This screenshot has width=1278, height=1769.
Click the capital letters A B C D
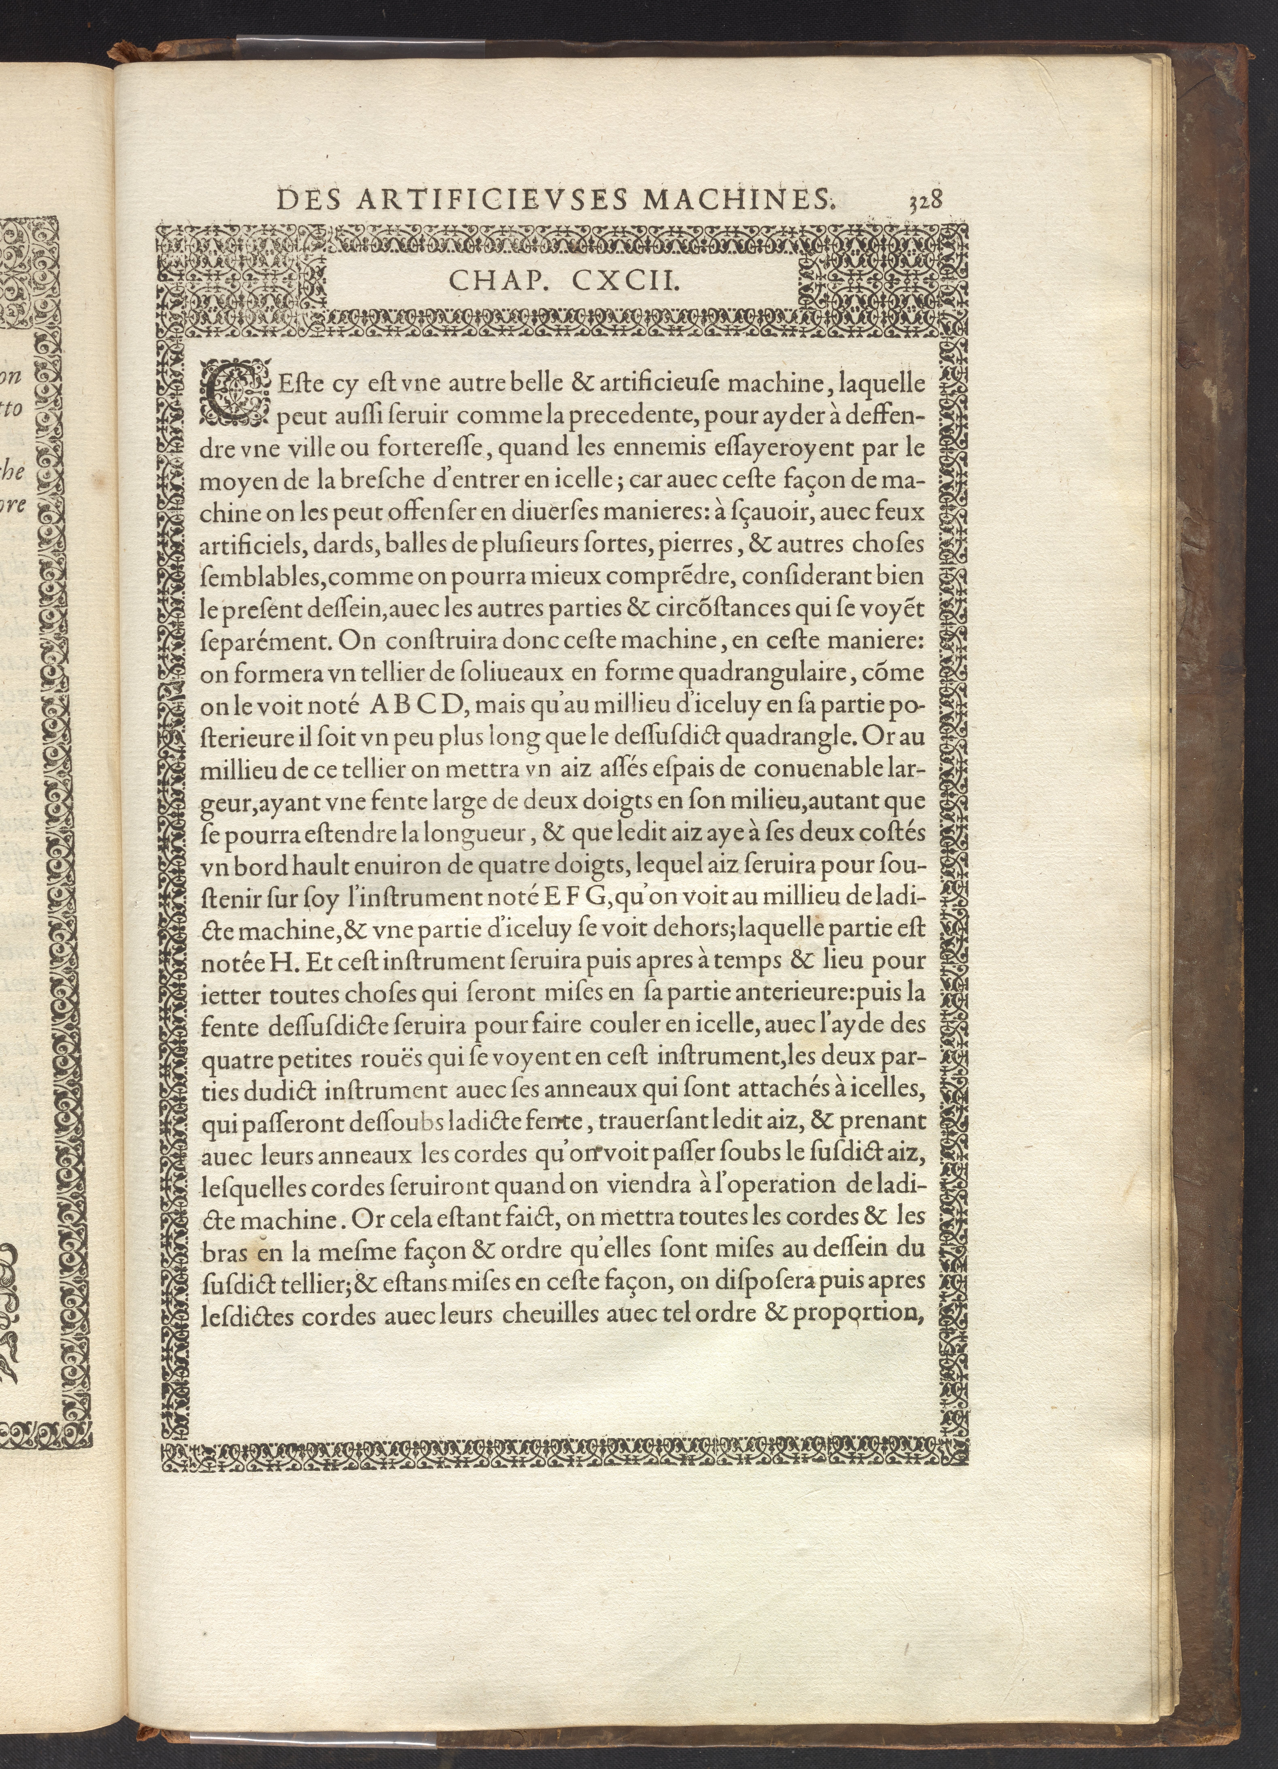coord(418,704)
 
